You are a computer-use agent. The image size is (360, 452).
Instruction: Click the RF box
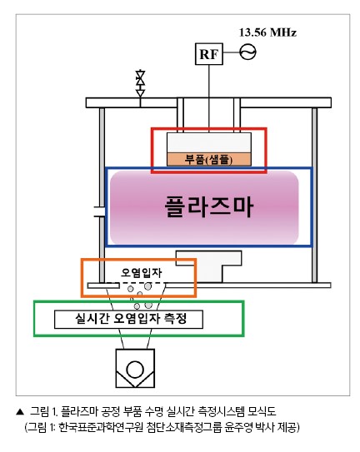pyautogui.click(x=209, y=54)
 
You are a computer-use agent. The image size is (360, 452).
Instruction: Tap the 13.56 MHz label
pyautogui.click(x=267, y=32)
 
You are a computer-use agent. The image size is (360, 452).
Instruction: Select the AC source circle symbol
pyautogui.click(x=247, y=52)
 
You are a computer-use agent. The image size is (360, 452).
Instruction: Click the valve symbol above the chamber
pyautogui.click(x=140, y=82)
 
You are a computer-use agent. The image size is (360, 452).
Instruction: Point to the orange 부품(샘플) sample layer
pyautogui.click(x=209, y=159)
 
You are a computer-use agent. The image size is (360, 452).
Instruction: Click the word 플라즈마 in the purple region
pyautogui.click(x=208, y=206)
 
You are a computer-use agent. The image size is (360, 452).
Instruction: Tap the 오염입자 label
pyautogui.click(x=142, y=272)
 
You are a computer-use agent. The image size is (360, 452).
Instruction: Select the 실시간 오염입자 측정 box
pyautogui.click(x=128, y=319)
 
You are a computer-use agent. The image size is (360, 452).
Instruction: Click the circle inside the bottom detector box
pyautogui.click(x=135, y=370)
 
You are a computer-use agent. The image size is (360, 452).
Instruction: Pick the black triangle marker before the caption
pyautogui.click(x=20, y=412)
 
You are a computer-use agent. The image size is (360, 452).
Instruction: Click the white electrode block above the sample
pyautogui.click(x=209, y=142)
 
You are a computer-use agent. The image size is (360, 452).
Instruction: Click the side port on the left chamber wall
pyautogui.click(x=99, y=211)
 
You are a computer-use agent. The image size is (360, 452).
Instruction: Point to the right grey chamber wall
pyautogui.click(x=314, y=195)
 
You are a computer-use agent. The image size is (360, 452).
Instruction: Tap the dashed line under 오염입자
pyautogui.click(x=135, y=283)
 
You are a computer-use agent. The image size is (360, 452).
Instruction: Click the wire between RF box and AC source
pyautogui.click(x=232, y=52)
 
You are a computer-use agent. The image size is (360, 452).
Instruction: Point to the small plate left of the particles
pyautogui.click(x=103, y=286)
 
